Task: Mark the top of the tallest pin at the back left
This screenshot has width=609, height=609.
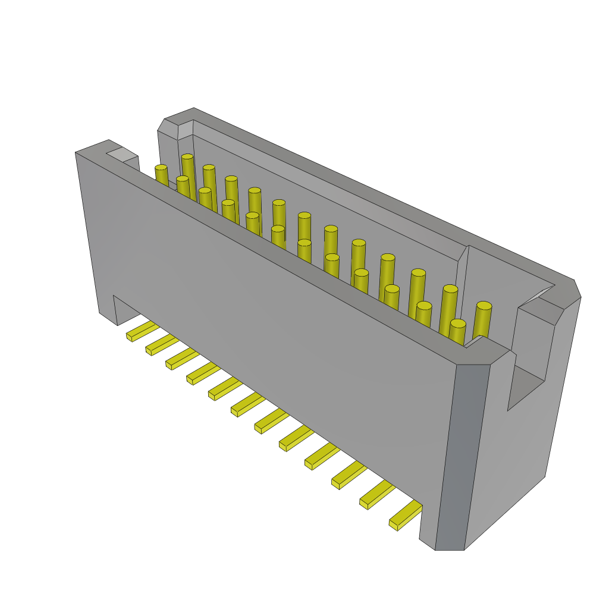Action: [187, 158]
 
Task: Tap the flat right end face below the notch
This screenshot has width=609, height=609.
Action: [511, 464]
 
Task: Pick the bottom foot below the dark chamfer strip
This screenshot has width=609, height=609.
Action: [449, 545]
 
